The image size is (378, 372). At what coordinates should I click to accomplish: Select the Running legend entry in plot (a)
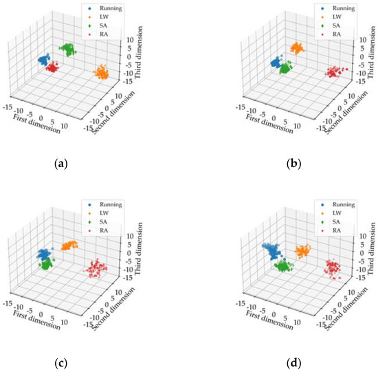(110, 9)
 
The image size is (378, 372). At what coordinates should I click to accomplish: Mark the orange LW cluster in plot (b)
(298, 48)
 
